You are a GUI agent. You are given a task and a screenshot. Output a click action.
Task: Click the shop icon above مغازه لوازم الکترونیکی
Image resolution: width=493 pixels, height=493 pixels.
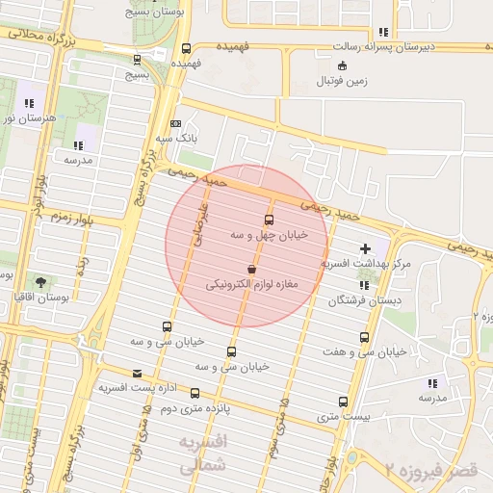(x=251, y=270)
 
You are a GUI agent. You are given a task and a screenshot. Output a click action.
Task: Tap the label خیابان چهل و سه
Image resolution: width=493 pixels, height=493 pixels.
(x=269, y=234)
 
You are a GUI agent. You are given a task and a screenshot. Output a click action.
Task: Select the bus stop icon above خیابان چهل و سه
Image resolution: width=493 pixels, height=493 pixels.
(x=269, y=220)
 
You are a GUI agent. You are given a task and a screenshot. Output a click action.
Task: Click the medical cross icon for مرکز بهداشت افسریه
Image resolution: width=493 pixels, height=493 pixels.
(x=364, y=249)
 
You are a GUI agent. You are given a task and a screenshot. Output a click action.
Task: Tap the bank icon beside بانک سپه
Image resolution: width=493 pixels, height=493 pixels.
(x=174, y=124)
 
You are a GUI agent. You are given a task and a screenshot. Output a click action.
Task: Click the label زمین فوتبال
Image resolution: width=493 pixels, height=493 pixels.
(x=342, y=81)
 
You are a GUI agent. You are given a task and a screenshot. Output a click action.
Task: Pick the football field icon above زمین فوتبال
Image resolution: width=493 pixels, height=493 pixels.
(x=342, y=65)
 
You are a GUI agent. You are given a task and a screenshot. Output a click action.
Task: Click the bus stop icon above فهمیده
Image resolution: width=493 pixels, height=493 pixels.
(x=186, y=49)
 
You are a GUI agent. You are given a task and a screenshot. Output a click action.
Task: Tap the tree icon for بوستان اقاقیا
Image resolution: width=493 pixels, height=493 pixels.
(x=40, y=283)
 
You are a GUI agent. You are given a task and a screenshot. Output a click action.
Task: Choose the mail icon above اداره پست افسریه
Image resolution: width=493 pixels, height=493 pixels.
(x=137, y=373)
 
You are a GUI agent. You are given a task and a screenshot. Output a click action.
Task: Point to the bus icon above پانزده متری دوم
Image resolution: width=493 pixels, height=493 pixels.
(x=195, y=393)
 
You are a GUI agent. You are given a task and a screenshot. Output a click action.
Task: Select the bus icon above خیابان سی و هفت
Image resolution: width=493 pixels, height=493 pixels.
(x=364, y=337)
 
